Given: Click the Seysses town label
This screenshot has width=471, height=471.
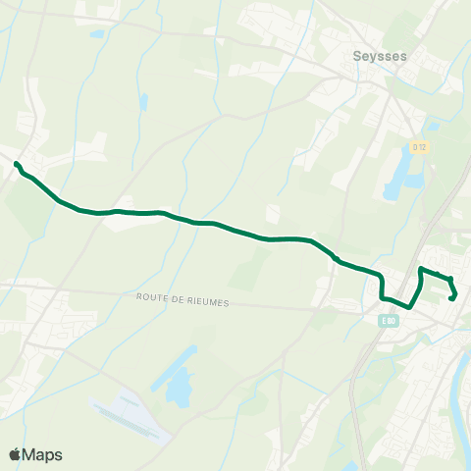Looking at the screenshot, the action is tap(379, 56).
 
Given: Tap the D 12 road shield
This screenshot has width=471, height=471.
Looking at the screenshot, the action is tap(419, 147).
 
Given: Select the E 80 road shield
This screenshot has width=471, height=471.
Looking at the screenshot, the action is tap(390, 320).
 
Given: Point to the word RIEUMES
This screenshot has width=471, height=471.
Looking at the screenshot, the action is tap(209, 303).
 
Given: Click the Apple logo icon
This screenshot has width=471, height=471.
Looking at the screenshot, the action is tap(16, 454).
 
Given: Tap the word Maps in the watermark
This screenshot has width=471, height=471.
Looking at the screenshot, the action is tap(43, 454).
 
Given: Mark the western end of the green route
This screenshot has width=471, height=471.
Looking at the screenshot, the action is tap(17, 163).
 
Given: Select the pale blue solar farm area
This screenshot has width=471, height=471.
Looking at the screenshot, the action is tap(126, 416).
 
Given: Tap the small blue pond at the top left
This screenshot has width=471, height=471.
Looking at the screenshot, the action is tap(96, 34).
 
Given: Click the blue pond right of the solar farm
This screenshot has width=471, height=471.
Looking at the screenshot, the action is tap(181, 388).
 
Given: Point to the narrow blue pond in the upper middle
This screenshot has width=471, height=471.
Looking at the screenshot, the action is tap(144, 102).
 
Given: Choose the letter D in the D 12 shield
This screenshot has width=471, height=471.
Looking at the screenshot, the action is tap(414, 147).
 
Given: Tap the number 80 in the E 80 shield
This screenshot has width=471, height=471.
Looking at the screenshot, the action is tap(392, 320).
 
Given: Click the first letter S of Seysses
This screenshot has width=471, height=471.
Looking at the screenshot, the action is tap(356, 56).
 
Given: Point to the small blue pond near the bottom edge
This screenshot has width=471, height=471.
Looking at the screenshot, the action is tap(350, 466).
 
